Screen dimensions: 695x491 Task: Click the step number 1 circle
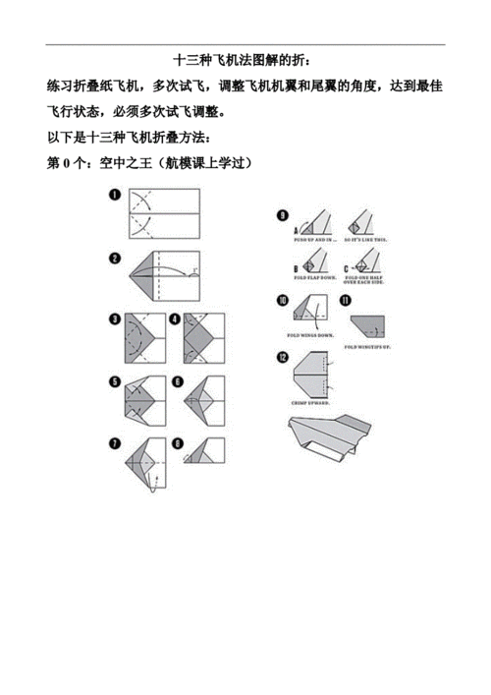coord(115,196)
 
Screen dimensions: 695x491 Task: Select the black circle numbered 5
coord(115,381)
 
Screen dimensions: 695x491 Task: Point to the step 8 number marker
coord(177,441)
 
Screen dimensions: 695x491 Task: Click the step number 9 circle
coord(283,215)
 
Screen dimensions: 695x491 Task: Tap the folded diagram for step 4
coord(200,341)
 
